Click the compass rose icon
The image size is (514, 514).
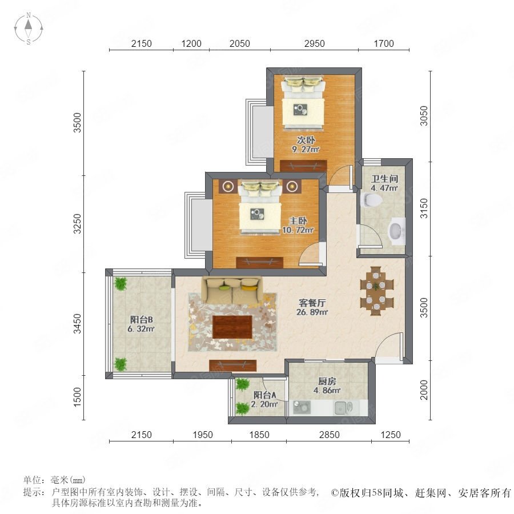coord(29,29)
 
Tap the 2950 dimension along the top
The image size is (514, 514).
coord(314,43)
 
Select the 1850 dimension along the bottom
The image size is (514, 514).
coord(259,435)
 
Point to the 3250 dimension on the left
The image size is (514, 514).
coord(77,223)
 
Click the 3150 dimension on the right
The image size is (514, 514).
coord(424,208)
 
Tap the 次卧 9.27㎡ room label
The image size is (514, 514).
coord(306,144)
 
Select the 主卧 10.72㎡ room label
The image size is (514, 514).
coord(298,225)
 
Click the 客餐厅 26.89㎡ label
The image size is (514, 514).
coord(312,307)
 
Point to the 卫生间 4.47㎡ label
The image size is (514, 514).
coord(384,183)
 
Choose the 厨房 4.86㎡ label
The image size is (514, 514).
coord(327,386)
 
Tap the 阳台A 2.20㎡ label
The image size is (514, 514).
coord(264,399)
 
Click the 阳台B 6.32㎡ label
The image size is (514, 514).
coord(141,324)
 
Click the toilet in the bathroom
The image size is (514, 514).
coord(371,200)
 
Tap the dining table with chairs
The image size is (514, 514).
coord(377,291)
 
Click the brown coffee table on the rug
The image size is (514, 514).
coord(232,327)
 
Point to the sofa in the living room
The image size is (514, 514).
coord(232,290)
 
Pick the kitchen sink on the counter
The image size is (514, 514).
coord(343,407)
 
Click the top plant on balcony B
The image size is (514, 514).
coord(121,283)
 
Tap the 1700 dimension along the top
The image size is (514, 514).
coord(384,43)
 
